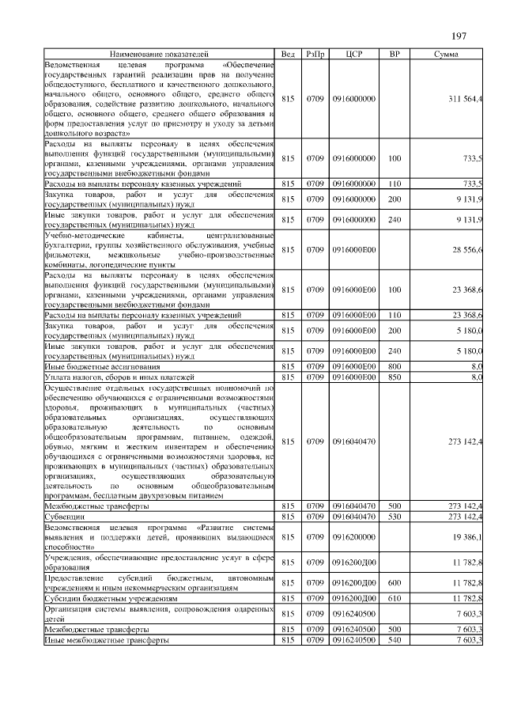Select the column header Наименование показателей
click(x=156, y=54)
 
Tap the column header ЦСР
click(x=354, y=54)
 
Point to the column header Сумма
click(x=447, y=54)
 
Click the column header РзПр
click(x=315, y=54)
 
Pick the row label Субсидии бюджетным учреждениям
click(x=111, y=599)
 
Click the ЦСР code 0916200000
click(x=354, y=537)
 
